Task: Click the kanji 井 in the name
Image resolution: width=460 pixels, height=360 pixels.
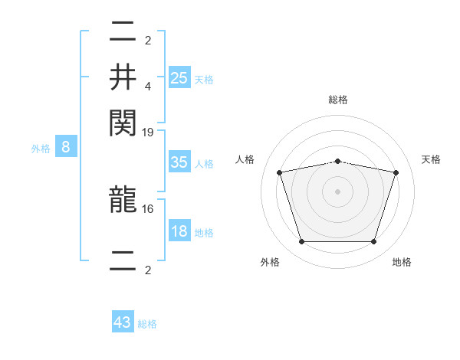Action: (x=123, y=77)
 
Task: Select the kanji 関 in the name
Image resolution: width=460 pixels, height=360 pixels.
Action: (x=123, y=121)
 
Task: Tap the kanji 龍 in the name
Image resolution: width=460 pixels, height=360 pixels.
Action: (x=123, y=201)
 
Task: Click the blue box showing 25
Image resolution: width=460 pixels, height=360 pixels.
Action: (x=179, y=77)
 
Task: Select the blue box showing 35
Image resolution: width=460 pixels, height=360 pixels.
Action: (x=179, y=162)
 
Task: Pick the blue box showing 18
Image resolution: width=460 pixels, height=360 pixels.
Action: (x=179, y=231)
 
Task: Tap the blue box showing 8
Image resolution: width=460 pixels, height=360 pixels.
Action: (x=66, y=147)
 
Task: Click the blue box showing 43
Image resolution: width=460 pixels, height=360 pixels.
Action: (x=123, y=322)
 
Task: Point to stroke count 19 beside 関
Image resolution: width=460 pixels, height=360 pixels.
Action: (x=148, y=132)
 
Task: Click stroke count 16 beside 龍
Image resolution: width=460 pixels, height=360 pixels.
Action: (x=148, y=208)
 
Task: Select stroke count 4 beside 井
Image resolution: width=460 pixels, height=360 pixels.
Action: (x=148, y=86)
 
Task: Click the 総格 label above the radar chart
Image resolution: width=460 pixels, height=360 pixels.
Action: (x=338, y=100)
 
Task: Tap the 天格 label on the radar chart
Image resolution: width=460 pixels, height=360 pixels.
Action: (x=431, y=159)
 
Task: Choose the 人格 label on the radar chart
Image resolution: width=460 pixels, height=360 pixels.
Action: (x=245, y=159)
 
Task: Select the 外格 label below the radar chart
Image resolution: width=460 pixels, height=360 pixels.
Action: (x=270, y=262)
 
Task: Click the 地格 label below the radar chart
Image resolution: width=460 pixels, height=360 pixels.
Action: (x=402, y=262)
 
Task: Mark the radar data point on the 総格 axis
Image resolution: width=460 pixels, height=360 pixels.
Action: (x=338, y=161)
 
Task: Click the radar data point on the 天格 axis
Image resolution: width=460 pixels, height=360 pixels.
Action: (x=396, y=173)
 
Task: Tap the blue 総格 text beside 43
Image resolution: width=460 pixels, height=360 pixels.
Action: (x=148, y=324)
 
